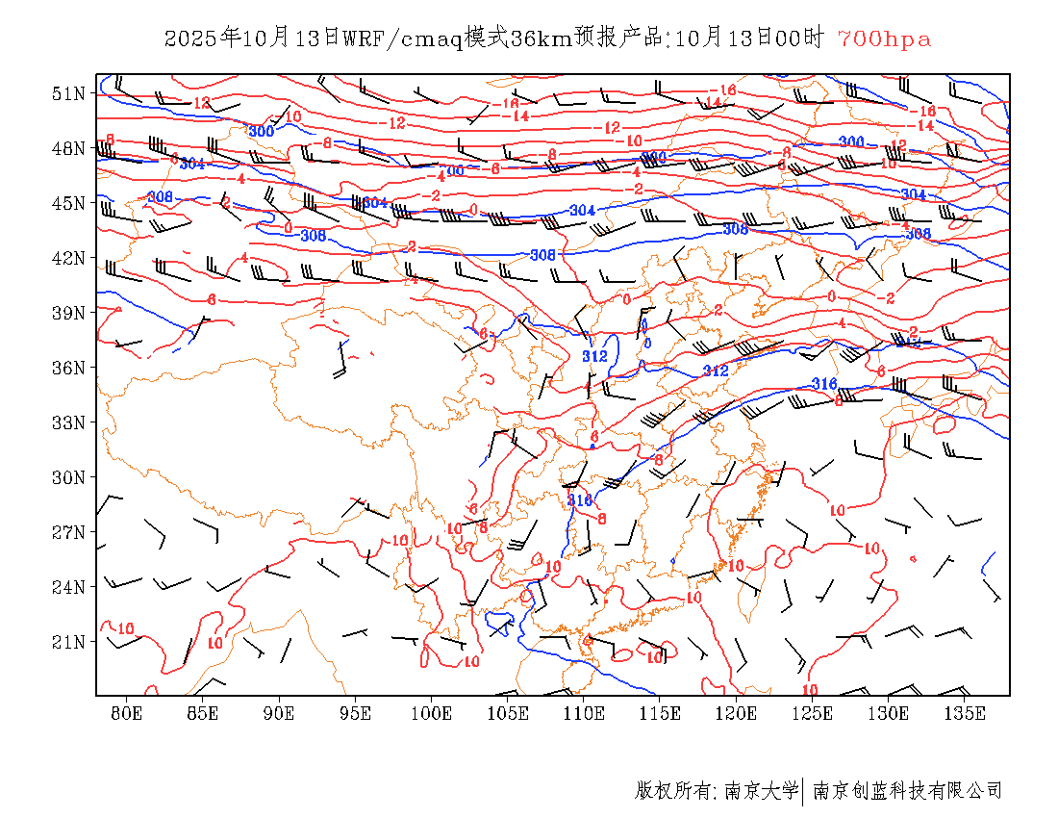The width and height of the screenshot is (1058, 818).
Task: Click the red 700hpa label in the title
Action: click(884, 39)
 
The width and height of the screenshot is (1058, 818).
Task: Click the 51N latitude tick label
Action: click(68, 93)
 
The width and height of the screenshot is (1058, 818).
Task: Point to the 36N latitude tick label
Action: click(68, 368)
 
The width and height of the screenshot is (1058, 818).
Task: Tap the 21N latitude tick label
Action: click(68, 642)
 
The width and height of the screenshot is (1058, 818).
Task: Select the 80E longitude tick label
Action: click(127, 713)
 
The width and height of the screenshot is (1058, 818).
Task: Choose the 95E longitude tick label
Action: click(355, 713)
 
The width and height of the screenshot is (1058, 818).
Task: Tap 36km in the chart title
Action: click(542, 39)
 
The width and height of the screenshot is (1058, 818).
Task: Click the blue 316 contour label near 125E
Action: click(824, 384)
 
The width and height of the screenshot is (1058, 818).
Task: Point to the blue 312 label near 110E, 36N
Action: click(595, 356)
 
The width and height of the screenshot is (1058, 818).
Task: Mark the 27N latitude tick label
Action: click(68, 532)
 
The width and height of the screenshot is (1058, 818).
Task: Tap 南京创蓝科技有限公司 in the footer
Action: click(907, 791)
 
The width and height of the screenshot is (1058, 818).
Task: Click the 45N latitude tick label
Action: click(68, 203)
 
